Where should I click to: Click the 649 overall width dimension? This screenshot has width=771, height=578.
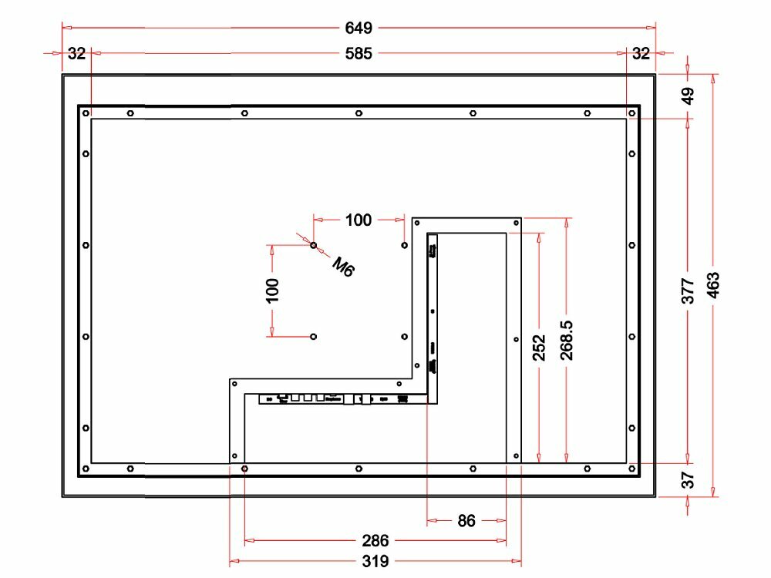pyautogui.click(x=359, y=28)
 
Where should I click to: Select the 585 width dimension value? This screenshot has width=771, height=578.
pyautogui.click(x=359, y=53)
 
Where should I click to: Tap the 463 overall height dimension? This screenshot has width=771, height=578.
pyautogui.click(x=713, y=285)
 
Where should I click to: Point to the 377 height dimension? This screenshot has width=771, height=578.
pyautogui.click(x=688, y=291)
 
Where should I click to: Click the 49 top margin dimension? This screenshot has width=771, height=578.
pyautogui.click(x=689, y=96)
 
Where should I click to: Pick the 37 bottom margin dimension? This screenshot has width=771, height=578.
pyautogui.click(x=688, y=479)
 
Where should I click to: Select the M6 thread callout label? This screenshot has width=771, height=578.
pyautogui.click(x=343, y=267)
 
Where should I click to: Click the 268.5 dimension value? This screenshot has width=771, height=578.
pyautogui.click(x=567, y=340)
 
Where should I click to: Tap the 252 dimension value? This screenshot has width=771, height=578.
pyautogui.click(x=540, y=348)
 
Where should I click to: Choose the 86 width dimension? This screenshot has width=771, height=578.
pyautogui.click(x=466, y=520)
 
